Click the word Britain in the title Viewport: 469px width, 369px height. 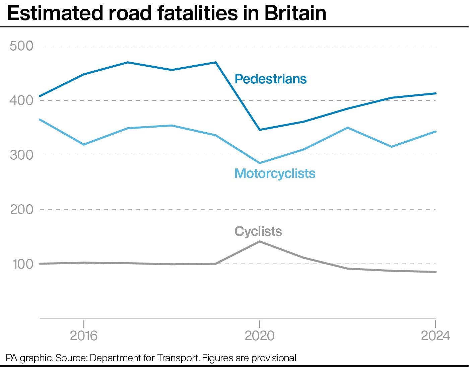tap(295, 13)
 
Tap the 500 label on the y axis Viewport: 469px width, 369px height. tap(21, 46)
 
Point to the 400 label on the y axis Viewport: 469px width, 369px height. tap(21, 100)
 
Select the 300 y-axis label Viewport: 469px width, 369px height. tap(21, 155)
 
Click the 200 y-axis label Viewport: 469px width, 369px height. tap(21, 210)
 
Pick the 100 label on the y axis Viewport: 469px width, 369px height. tap(23, 264)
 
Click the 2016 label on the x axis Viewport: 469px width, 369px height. tap(83, 336)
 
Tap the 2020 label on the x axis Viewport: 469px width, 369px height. tap(259, 336)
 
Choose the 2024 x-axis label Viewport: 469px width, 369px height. tap(435, 336)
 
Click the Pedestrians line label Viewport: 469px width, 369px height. tap(270, 79)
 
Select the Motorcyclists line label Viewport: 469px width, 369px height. tap(275, 173)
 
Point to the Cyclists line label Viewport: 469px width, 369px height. tap(258, 231)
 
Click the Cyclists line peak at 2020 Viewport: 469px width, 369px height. tap(260, 241)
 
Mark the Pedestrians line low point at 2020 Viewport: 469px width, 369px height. tap(260, 130)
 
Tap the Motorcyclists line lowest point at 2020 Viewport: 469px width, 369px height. tap(260, 163)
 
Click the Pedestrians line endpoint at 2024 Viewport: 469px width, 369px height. tap(435, 93)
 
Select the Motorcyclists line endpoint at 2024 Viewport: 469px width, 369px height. tap(435, 132)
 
